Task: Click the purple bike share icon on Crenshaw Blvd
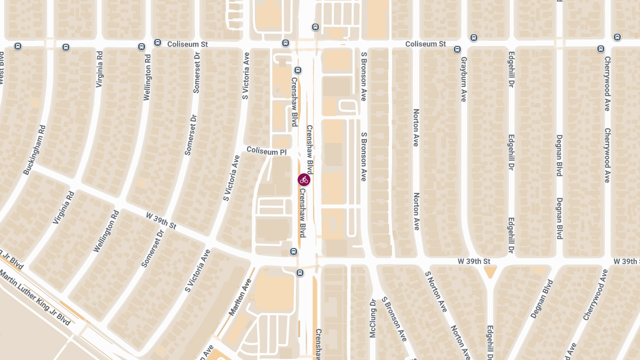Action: (x=303, y=180)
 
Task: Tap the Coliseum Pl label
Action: (x=266, y=152)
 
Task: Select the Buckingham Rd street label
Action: (x=35, y=150)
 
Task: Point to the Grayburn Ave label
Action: (x=464, y=79)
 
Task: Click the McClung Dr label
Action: (x=373, y=318)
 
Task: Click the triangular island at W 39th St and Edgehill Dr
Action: (x=490, y=273)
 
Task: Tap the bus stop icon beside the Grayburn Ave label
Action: (x=457, y=50)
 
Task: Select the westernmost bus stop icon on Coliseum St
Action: (x=18, y=46)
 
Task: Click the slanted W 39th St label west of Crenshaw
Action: (x=161, y=220)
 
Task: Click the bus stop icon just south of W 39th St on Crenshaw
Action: (x=300, y=273)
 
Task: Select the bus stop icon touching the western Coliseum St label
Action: (x=157, y=43)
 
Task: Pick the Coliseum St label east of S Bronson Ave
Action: (x=425, y=44)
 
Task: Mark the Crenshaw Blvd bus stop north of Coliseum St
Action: (x=315, y=27)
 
